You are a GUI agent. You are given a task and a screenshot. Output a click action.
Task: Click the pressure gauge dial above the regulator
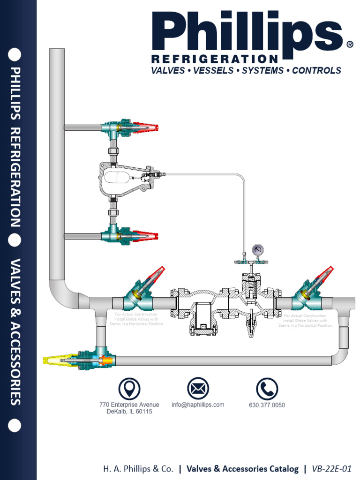pyautogui.click(x=257, y=249)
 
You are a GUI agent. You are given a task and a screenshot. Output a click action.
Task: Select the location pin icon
pyautogui.click(x=129, y=389)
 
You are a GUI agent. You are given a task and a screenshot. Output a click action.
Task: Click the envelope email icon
pyautogui.click(x=198, y=389)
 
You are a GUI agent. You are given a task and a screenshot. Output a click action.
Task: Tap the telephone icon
pyautogui.click(x=267, y=389)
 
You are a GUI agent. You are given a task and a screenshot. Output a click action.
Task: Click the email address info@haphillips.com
pyautogui.click(x=198, y=405)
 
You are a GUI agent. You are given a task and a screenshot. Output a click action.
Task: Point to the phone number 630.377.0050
pyautogui.click(x=267, y=405)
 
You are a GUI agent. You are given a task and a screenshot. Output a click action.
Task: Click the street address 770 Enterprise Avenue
pyautogui.click(x=129, y=405)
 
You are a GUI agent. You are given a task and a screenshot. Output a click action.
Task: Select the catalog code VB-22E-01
pyautogui.click(x=333, y=468)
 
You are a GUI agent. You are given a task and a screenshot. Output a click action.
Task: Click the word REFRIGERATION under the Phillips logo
pyautogui.click(x=215, y=59)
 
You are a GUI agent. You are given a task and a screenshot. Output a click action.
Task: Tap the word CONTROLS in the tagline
pyautogui.click(x=316, y=71)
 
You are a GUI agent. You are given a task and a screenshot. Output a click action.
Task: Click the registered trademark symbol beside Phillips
pyautogui.click(x=349, y=45)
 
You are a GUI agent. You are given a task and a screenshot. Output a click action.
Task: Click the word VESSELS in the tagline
pyautogui.click(x=212, y=71)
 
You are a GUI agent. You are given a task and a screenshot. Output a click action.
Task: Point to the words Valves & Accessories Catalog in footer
pyautogui.click(x=242, y=468)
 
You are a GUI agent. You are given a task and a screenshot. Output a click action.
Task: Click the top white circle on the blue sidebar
pyautogui.click(x=15, y=55)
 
